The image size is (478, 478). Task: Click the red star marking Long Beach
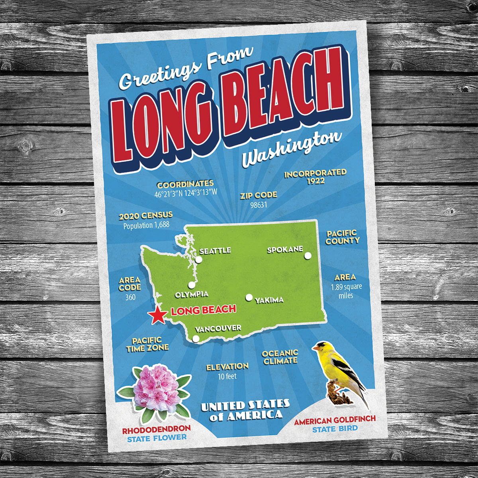pos(158,315)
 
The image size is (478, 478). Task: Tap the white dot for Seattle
pos(199,260)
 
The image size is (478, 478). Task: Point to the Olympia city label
pos(191,294)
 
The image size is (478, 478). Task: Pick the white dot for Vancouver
pos(196,339)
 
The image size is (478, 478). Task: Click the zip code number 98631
pos(259,205)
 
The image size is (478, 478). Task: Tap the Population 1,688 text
pos(146,225)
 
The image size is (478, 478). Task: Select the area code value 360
pos(130,297)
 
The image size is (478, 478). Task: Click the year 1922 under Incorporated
pos(315,181)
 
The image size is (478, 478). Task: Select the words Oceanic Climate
pos(280,357)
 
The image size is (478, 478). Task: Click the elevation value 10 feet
pos(227,376)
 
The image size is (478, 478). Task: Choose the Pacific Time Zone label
pos(147,344)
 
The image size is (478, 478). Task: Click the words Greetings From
pos(186,70)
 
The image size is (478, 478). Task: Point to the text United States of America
pos(245,410)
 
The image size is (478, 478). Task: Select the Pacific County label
pos(343,237)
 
